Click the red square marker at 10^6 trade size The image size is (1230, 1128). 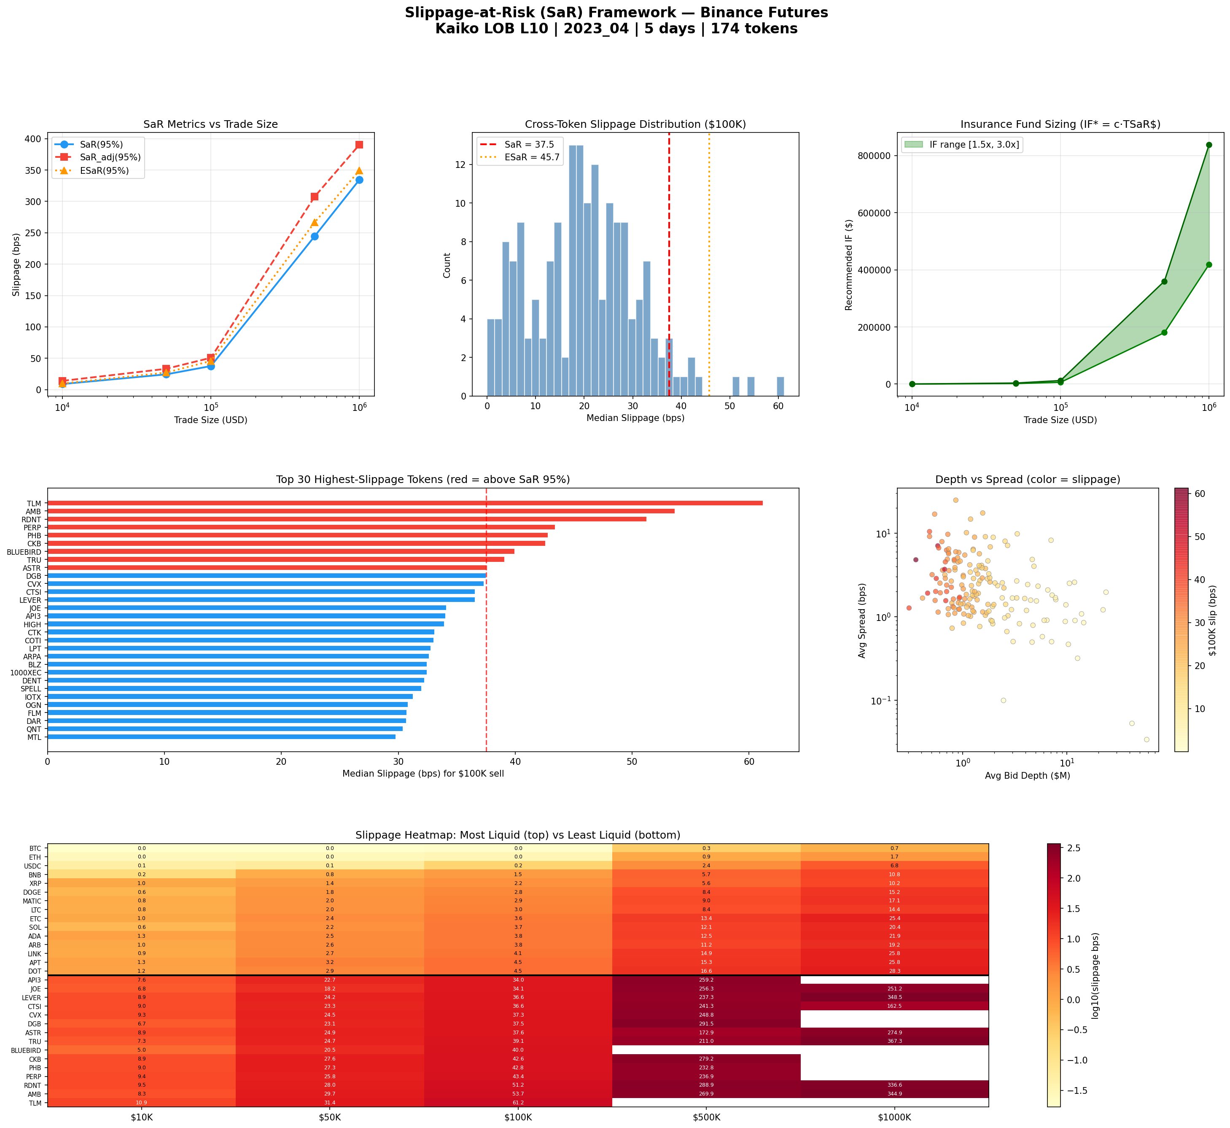pos(359,145)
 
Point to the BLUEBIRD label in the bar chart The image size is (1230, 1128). pos(24,552)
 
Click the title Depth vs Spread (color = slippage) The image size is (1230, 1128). pos(1028,480)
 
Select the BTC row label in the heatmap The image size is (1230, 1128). pos(35,848)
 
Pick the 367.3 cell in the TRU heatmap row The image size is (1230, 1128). pos(894,1042)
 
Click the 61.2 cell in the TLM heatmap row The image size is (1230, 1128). pos(518,1103)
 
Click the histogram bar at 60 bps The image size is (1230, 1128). pos(781,386)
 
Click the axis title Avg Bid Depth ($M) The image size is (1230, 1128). pos(1028,776)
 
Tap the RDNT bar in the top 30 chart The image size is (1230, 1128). pos(347,519)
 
